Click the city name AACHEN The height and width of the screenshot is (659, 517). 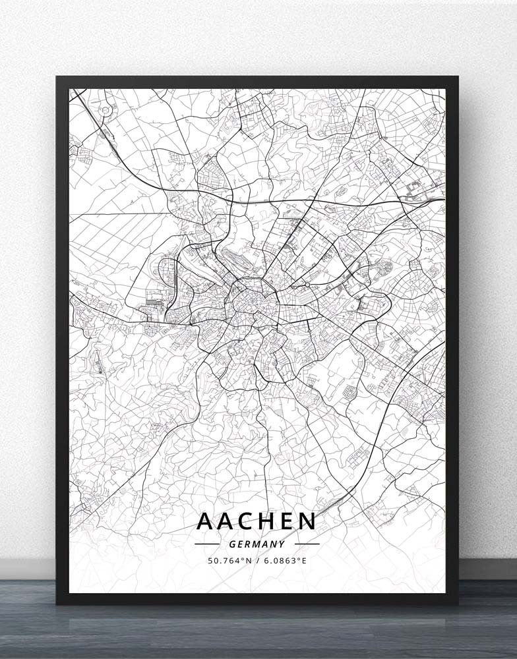[x=257, y=521]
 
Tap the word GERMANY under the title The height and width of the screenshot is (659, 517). [x=258, y=544]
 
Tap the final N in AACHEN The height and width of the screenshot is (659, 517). [x=307, y=521]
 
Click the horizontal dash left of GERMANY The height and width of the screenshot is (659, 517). [x=207, y=544]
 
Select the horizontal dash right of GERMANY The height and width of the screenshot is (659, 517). [x=307, y=544]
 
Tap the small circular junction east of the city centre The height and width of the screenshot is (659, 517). [x=307, y=285]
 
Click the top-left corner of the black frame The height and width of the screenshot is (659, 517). [x=57, y=77]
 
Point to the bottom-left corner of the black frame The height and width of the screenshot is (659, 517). [x=57, y=604]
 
